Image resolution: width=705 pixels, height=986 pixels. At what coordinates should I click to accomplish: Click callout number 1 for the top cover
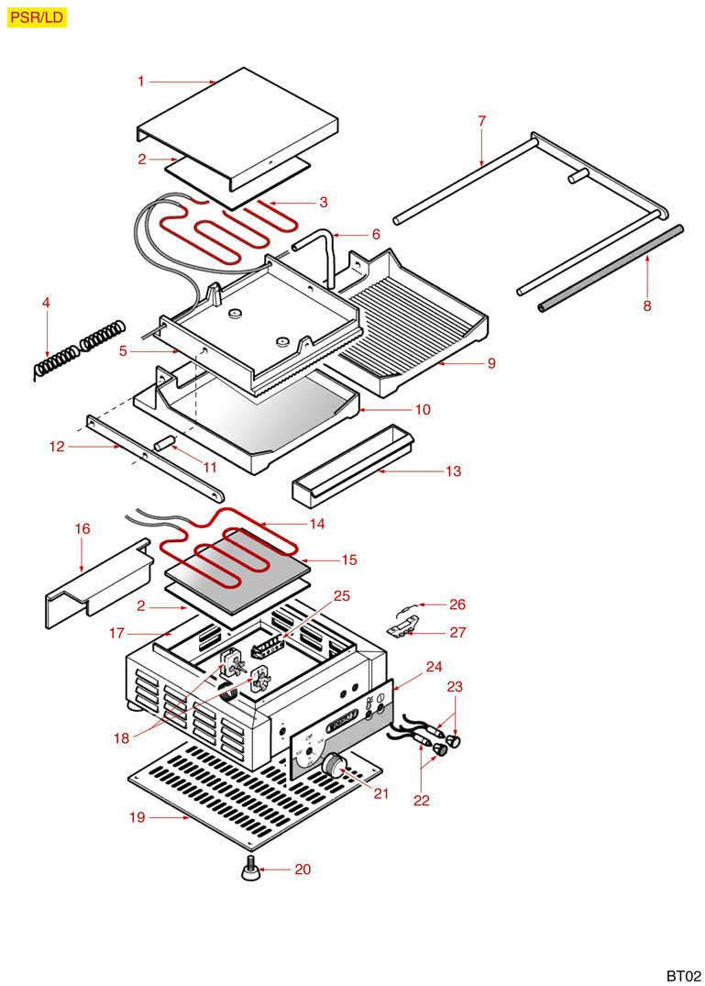pos(141,82)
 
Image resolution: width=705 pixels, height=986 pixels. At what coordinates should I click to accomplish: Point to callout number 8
pos(647,306)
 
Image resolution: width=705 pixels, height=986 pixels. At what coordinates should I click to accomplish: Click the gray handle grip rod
pos(611,267)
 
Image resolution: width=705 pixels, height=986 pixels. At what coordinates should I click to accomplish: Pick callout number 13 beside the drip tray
pos(453,471)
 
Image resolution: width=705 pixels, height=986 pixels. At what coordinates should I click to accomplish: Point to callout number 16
pos(83,529)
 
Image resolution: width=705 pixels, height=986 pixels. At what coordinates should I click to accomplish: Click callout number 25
pos(342,595)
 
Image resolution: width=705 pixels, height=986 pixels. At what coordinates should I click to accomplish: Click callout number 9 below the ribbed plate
pos(491,363)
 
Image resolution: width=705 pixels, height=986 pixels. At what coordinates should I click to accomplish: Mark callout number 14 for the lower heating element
pos(317,524)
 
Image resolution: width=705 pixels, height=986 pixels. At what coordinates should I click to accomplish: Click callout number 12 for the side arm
pos(58,447)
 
